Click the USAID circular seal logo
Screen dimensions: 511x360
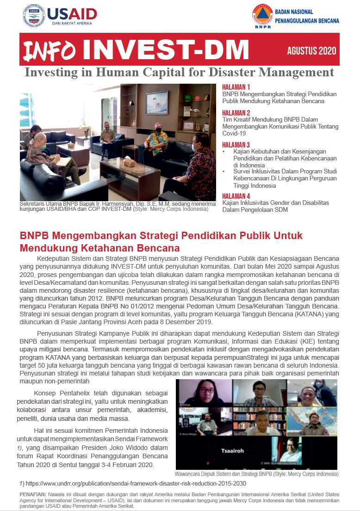[33, 16]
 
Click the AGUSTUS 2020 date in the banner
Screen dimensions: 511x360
[311, 50]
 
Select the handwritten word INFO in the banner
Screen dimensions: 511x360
[50, 50]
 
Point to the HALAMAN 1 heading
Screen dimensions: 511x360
[236, 87]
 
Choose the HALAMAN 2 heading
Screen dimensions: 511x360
[236, 113]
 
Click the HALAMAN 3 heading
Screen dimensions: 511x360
[236, 145]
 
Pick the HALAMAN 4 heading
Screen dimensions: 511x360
[236, 196]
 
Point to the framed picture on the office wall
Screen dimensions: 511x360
[156, 101]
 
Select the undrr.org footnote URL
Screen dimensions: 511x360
[135, 484]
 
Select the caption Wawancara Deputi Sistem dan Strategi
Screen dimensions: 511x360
[256, 474]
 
